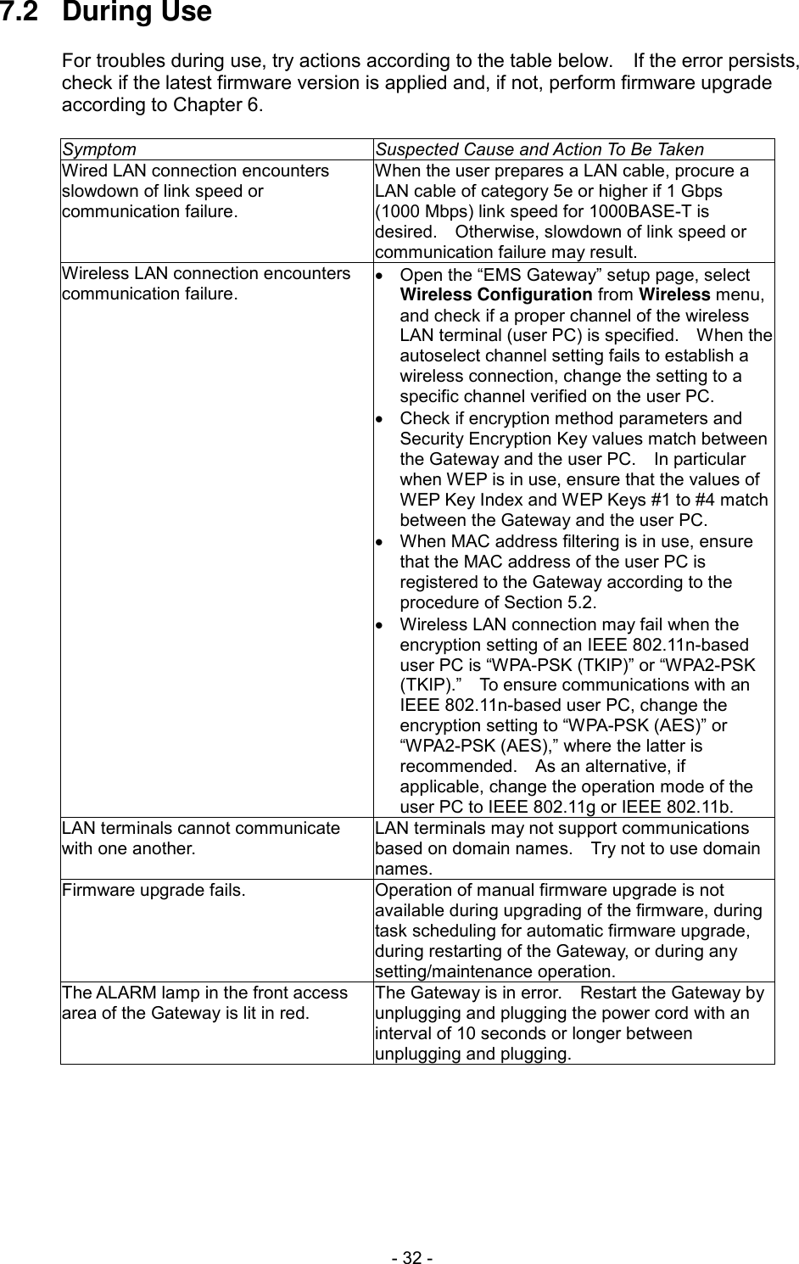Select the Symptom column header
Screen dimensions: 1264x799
98,150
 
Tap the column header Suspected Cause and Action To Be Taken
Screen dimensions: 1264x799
539,150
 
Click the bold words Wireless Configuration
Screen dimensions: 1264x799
495,295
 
